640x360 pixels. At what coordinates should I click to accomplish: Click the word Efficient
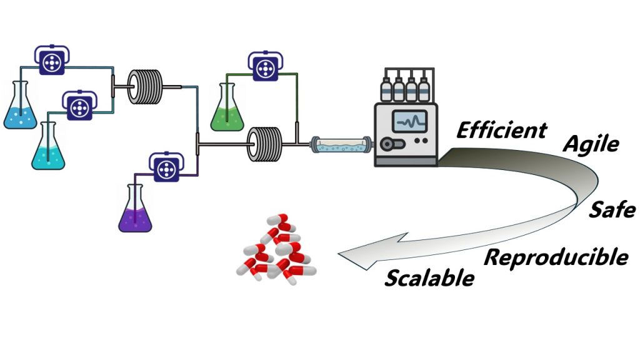click(501, 130)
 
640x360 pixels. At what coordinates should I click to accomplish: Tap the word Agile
click(591, 144)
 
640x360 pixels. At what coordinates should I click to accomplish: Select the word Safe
click(612, 210)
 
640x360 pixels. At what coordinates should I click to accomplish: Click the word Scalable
click(429, 277)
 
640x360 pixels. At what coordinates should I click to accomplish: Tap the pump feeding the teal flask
click(79, 107)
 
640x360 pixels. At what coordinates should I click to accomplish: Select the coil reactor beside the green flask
click(266, 144)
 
